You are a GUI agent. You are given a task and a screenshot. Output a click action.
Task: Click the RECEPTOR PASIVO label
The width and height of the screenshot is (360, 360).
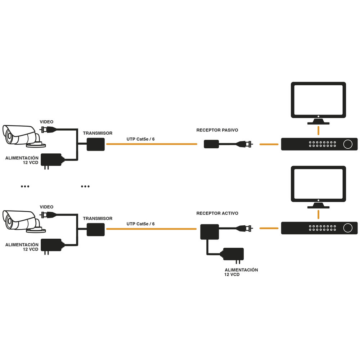tap(217, 130)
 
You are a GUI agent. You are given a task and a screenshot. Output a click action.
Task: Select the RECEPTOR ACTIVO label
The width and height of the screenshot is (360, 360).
tap(217, 213)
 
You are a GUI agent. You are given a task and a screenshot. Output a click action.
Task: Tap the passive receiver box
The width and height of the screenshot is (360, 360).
tap(211, 144)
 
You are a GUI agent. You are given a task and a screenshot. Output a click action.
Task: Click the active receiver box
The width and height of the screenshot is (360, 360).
tap(210, 232)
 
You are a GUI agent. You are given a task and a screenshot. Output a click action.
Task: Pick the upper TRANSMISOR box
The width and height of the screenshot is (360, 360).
tap(96, 144)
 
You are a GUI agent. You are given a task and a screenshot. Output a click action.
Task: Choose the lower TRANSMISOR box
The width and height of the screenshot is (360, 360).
tap(96, 229)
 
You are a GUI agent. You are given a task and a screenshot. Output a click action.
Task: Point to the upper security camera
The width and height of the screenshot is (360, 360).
tap(22, 135)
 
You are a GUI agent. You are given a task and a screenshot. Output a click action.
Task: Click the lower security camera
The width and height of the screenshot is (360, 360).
tap(22, 220)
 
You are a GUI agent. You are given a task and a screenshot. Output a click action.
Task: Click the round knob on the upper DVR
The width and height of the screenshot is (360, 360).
tap(348, 144)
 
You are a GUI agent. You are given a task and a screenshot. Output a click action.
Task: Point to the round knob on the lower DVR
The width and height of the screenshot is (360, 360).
tap(348, 228)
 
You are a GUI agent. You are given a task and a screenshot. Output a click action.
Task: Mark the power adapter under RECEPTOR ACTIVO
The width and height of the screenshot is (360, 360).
tap(233, 255)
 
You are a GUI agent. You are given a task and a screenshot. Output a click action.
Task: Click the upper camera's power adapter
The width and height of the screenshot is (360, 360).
tap(52, 160)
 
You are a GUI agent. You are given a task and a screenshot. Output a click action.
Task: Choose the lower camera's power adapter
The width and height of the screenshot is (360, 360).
tap(52, 245)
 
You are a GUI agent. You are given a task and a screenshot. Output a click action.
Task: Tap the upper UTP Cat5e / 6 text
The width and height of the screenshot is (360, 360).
tap(140, 139)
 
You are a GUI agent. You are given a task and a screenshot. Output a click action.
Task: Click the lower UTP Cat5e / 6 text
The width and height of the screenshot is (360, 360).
tap(140, 224)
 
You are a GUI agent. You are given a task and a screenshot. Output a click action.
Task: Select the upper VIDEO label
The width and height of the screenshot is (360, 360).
tap(46, 122)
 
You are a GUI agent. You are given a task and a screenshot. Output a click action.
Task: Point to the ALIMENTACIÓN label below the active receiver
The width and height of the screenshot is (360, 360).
tap(241, 270)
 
